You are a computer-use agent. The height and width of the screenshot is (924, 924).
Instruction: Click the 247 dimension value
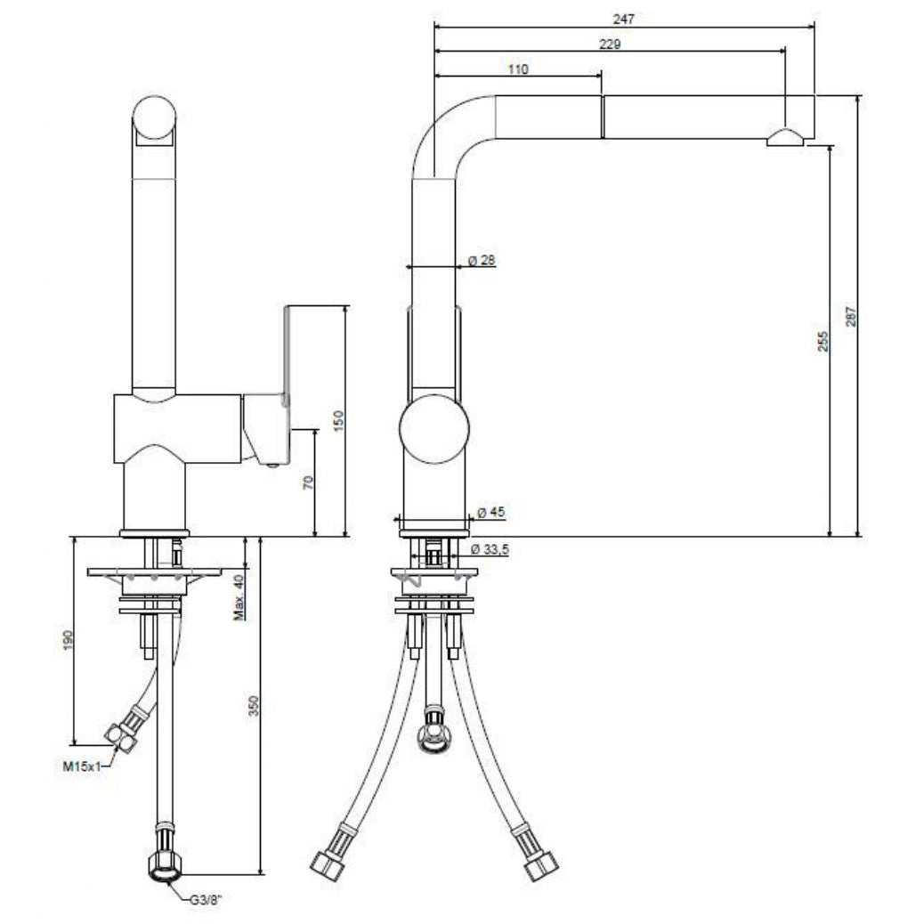pyautogui.click(x=623, y=19)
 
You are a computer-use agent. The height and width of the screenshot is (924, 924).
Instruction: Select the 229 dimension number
pyautogui.click(x=610, y=45)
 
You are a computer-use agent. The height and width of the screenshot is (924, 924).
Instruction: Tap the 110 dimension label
pyautogui.click(x=518, y=69)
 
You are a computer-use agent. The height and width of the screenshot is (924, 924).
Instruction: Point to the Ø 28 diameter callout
pyautogui.click(x=482, y=260)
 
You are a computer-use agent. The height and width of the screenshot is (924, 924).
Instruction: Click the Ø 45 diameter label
pyautogui.click(x=490, y=512)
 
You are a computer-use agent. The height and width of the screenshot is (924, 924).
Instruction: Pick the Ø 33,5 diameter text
pyautogui.click(x=490, y=550)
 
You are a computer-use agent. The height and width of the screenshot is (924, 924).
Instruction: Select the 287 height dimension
pyautogui.click(x=851, y=316)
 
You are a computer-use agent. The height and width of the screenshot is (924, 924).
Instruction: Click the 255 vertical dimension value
pyautogui.click(x=823, y=342)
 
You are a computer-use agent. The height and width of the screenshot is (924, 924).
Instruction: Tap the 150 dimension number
pyautogui.click(x=338, y=421)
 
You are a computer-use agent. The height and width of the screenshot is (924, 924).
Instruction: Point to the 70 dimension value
pyautogui.click(x=308, y=482)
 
